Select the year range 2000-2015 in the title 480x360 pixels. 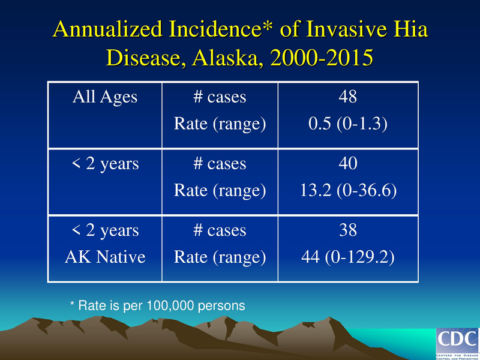322,58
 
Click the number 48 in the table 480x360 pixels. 349,97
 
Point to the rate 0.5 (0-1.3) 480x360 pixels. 349,124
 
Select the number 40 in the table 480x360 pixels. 349,164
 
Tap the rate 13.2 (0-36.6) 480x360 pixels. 349,191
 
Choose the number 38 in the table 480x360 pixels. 349,230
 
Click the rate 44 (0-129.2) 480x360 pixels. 349,257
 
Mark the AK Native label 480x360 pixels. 104,257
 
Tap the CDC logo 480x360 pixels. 457,342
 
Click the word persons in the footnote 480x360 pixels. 224,305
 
